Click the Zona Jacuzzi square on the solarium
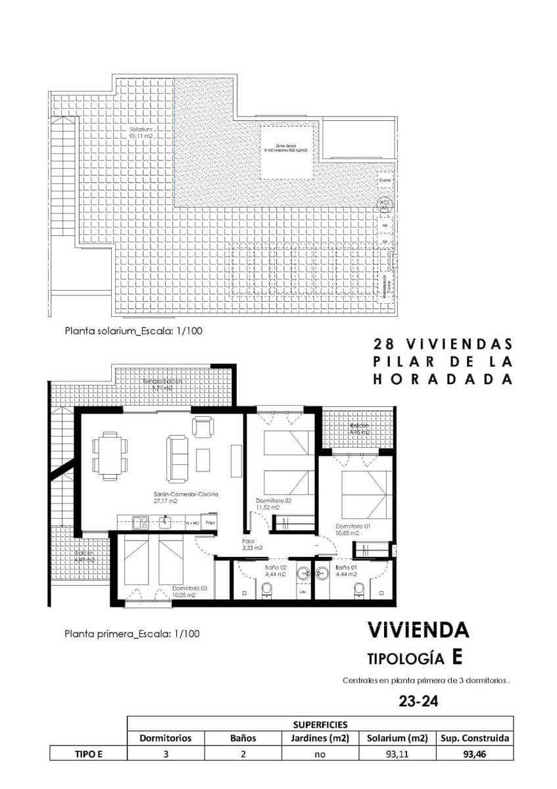(286, 151)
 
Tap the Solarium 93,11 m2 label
(141, 133)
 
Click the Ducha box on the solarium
(385, 179)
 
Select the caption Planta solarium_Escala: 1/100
(133, 331)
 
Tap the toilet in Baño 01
(359, 589)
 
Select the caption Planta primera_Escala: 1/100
(132, 634)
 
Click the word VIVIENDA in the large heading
(418, 630)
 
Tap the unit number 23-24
(418, 702)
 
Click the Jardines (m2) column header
(320, 738)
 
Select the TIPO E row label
(87, 754)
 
